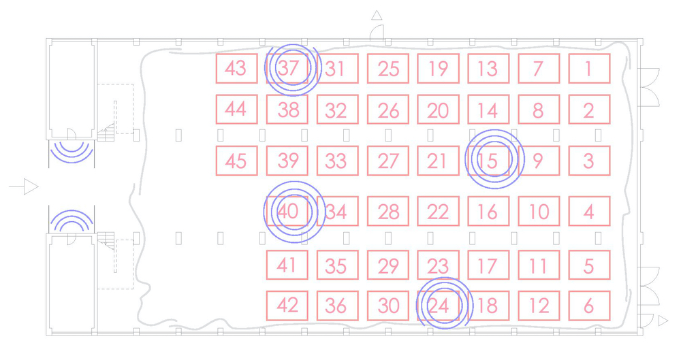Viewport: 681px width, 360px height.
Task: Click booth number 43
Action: point(236,69)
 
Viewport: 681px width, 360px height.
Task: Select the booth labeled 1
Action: point(589,69)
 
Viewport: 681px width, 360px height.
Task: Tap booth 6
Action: point(589,306)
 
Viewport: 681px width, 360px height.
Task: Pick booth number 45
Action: point(236,161)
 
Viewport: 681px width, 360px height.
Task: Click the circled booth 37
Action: point(288,69)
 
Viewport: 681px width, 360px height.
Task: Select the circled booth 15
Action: point(488,161)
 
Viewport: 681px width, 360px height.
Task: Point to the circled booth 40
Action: point(288,212)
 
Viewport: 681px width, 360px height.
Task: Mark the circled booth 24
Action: point(438,306)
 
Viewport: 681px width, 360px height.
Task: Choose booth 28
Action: point(388,212)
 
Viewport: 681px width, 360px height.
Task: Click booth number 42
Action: point(287,306)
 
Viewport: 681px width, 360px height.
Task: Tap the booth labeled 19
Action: point(438,69)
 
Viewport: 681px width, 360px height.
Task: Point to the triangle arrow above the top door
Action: point(377,15)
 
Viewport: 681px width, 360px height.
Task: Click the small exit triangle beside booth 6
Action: point(663,321)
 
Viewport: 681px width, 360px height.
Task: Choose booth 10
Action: point(539,212)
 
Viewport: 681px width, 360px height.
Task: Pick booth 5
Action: point(589,265)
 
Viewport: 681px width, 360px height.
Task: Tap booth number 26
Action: point(388,110)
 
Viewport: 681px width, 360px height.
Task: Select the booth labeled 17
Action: point(488,265)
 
